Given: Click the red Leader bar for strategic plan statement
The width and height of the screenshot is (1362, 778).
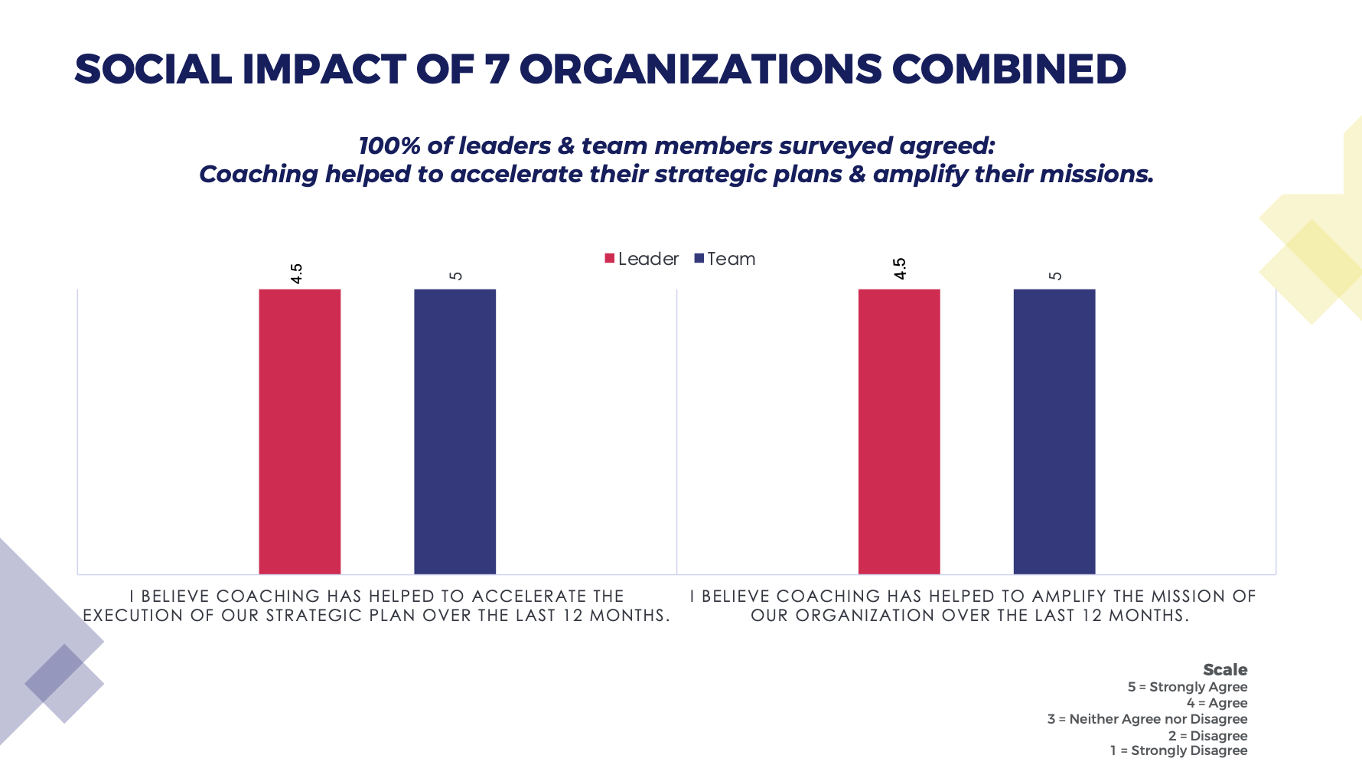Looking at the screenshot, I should pos(299,431).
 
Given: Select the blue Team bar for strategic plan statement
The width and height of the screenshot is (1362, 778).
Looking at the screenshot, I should pos(455,431).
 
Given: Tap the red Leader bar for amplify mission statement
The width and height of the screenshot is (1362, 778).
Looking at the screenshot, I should pos(899,431).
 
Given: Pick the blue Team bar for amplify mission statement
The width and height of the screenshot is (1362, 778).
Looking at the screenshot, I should pos(1054,431).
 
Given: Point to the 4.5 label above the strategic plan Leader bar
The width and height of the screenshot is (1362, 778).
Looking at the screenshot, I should pos(297,273).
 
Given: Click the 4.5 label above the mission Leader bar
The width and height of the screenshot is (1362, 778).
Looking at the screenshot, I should pos(900,269).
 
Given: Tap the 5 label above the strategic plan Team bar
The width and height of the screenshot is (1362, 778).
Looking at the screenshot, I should pos(456,276).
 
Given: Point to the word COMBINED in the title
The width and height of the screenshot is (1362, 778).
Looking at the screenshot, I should pos(1008,70).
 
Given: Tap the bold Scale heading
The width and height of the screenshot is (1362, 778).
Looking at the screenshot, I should pos(1225,670).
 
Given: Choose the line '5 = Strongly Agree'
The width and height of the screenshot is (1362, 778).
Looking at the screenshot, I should pos(1188,687).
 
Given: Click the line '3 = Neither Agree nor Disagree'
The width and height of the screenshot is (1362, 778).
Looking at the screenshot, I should pos(1147,719).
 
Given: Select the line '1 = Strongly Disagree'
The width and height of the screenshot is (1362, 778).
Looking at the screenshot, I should pos(1178,750).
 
